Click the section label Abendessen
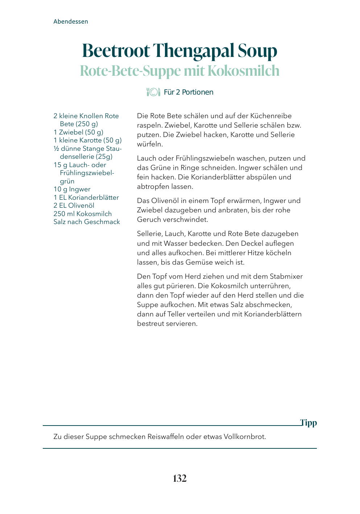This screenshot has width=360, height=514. click(x=71, y=21)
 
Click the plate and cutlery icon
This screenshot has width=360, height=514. click(x=153, y=92)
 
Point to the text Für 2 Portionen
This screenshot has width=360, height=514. click(x=189, y=92)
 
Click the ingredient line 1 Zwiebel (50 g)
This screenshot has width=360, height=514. click(x=78, y=132)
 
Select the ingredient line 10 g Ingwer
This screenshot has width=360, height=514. click(x=72, y=189)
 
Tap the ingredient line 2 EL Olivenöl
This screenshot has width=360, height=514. click(x=74, y=206)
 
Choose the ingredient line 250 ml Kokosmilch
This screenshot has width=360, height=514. click(x=83, y=214)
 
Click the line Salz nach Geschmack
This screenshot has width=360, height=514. click(x=87, y=222)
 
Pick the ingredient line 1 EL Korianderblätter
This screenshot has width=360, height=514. click(x=86, y=198)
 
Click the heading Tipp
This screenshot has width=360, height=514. click(x=309, y=423)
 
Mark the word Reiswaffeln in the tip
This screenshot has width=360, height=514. click(x=165, y=437)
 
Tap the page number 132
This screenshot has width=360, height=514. click(x=180, y=478)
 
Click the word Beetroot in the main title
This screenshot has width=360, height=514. click(x=116, y=51)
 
